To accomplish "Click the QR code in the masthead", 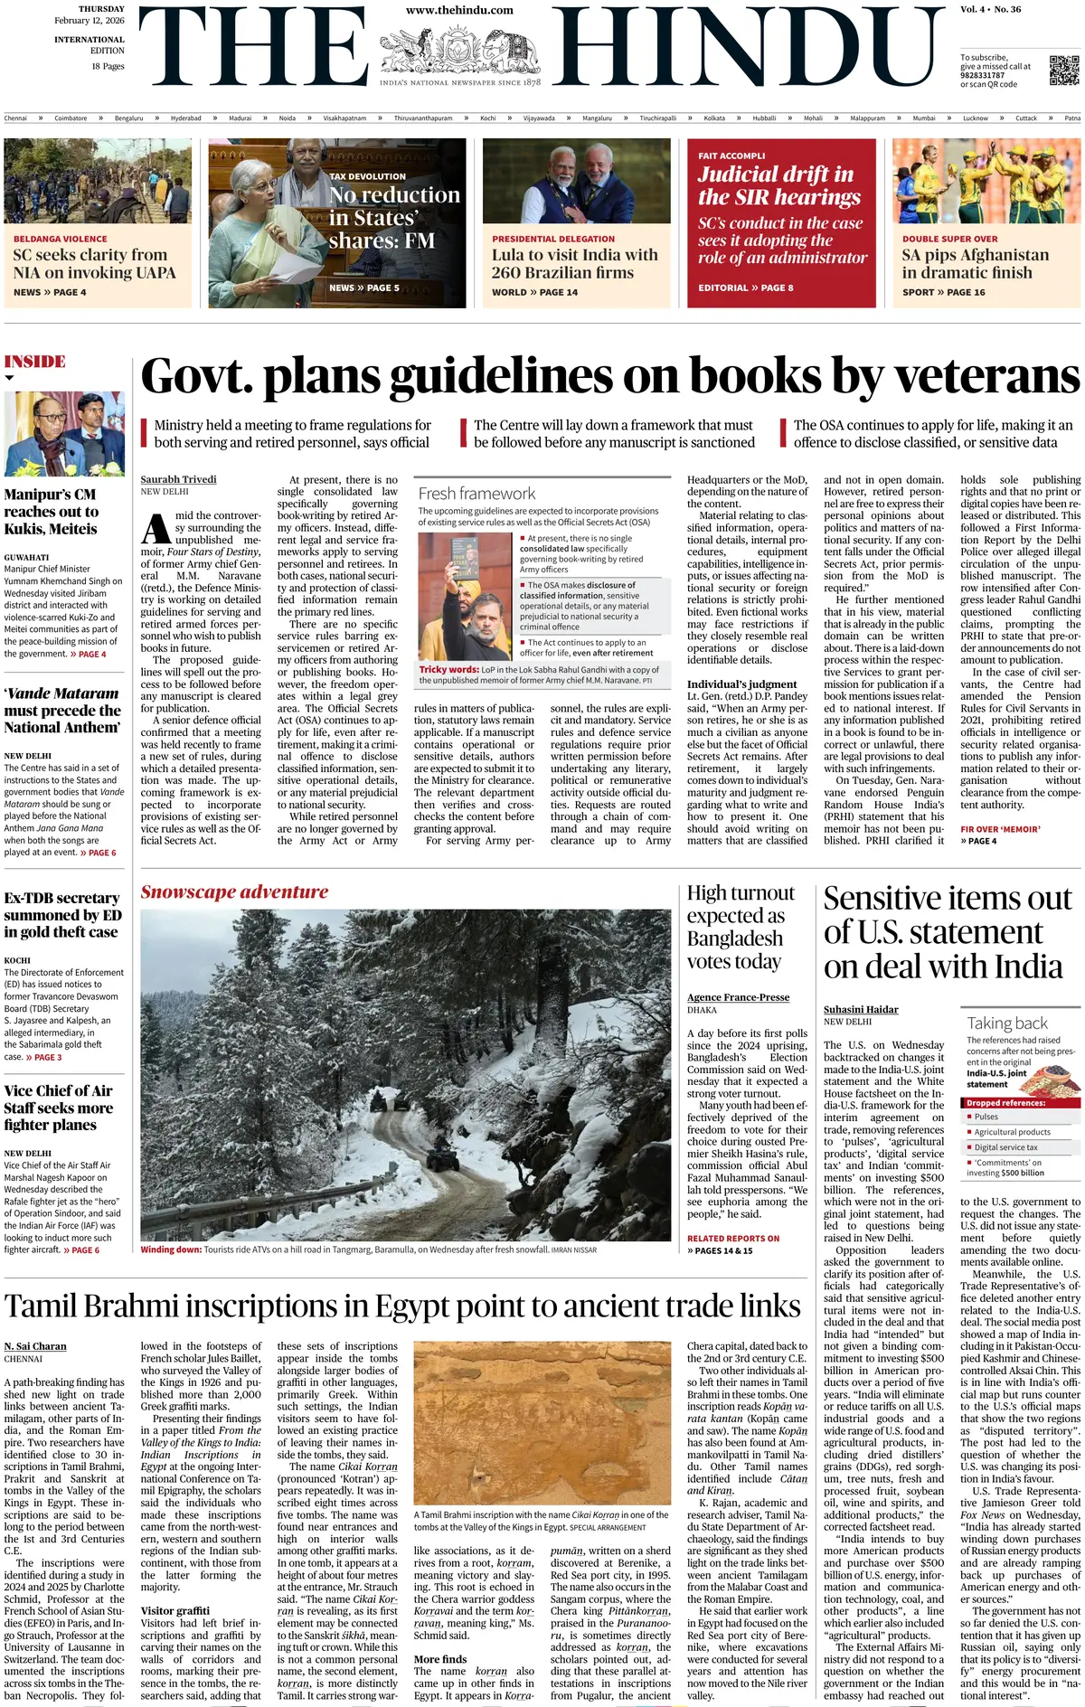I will (1064, 71).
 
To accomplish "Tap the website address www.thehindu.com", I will (459, 11).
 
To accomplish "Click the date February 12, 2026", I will (90, 21).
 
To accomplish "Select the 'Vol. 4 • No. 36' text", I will (990, 10).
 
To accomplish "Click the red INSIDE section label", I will (35, 362).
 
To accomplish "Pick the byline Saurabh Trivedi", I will (178, 479).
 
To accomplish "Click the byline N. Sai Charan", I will (35, 1346).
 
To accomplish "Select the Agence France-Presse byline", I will (738, 997).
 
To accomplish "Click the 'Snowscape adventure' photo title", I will (234, 891).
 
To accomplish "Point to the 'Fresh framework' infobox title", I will (476, 494).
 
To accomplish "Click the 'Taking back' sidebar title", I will (1007, 1023).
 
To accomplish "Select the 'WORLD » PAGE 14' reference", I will (534, 292).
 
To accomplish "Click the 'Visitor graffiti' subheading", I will (175, 1611).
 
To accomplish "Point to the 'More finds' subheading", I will (440, 1659).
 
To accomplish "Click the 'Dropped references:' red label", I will (1005, 1103).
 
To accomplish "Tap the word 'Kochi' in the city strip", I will (488, 118).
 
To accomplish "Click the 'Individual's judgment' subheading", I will (741, 684).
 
